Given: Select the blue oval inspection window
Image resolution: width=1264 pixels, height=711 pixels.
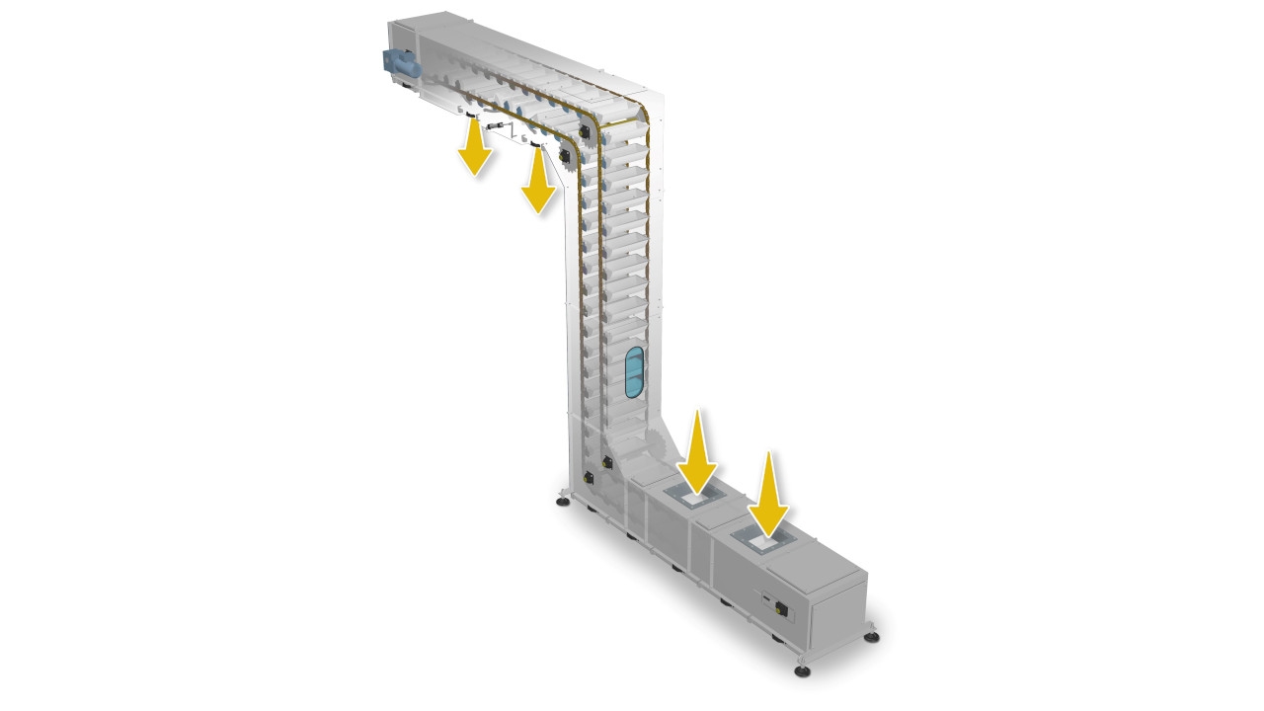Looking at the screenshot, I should point(634,371).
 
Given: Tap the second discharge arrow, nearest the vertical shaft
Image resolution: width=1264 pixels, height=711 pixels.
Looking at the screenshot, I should point(538,181).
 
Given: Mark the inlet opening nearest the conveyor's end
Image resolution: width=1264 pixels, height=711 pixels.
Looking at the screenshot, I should point(763,541).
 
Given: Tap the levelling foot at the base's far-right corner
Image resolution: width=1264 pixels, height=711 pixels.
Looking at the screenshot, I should point(872,636).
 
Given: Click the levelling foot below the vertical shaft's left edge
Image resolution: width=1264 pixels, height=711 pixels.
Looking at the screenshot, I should point(562,502).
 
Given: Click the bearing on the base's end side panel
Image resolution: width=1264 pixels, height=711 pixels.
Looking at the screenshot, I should point(783,609).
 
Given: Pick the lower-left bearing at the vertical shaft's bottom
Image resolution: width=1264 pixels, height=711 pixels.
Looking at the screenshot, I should point(589,478).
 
